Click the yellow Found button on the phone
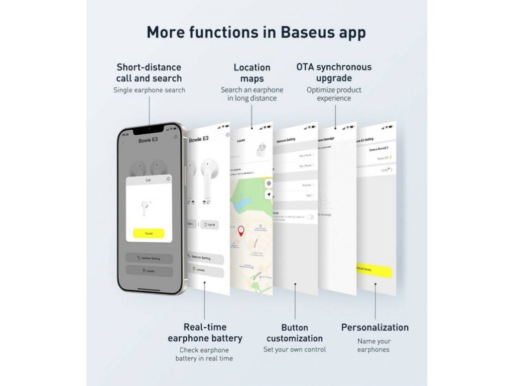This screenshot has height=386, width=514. pos(149,233)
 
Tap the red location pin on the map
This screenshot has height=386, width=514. pos(241,231)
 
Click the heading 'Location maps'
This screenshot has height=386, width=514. pos(252,73)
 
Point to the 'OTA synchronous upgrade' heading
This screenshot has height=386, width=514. pos(334,72)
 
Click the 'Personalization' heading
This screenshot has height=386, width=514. pos(374,327)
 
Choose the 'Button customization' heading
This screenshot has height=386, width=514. pos(295,333)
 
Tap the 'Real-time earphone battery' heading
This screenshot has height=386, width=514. pos(205,333)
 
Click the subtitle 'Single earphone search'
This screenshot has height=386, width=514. pos(149,90)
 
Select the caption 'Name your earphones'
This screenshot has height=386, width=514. pos(373,345)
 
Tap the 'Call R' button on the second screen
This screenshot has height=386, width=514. pos(209,225)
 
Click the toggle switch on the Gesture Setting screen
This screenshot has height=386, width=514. pos(311,216)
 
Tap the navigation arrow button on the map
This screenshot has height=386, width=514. pos(269,195)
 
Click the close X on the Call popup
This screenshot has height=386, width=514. pos(168,179)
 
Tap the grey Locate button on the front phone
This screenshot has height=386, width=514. pos(149,271)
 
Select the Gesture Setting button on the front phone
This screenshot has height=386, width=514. pos(149,258)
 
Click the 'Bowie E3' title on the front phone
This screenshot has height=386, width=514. pos(148,140)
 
